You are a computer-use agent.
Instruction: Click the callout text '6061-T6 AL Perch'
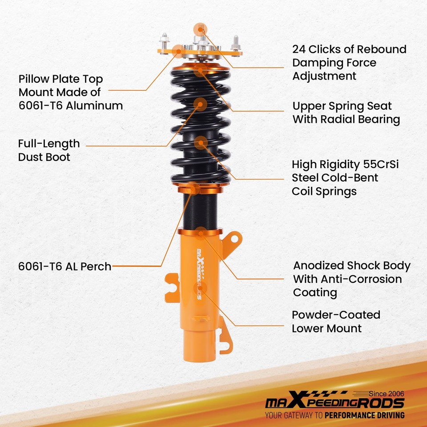[64, 266]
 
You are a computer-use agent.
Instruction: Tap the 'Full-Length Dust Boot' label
[49, 150]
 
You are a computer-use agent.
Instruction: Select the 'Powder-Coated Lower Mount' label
[336, 322]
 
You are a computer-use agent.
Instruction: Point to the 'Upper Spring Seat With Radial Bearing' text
[346, 113]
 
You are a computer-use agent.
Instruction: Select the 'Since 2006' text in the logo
[387, 394]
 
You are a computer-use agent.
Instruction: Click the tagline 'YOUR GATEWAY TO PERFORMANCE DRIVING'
[334, 415]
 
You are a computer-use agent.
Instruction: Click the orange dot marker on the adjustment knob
[200, 29]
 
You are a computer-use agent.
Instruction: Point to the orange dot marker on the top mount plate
[178, 51]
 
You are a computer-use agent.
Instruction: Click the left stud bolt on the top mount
[165, 41]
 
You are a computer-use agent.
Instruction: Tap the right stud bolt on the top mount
[235, 44]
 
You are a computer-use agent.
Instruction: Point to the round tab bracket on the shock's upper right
[233, 241]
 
